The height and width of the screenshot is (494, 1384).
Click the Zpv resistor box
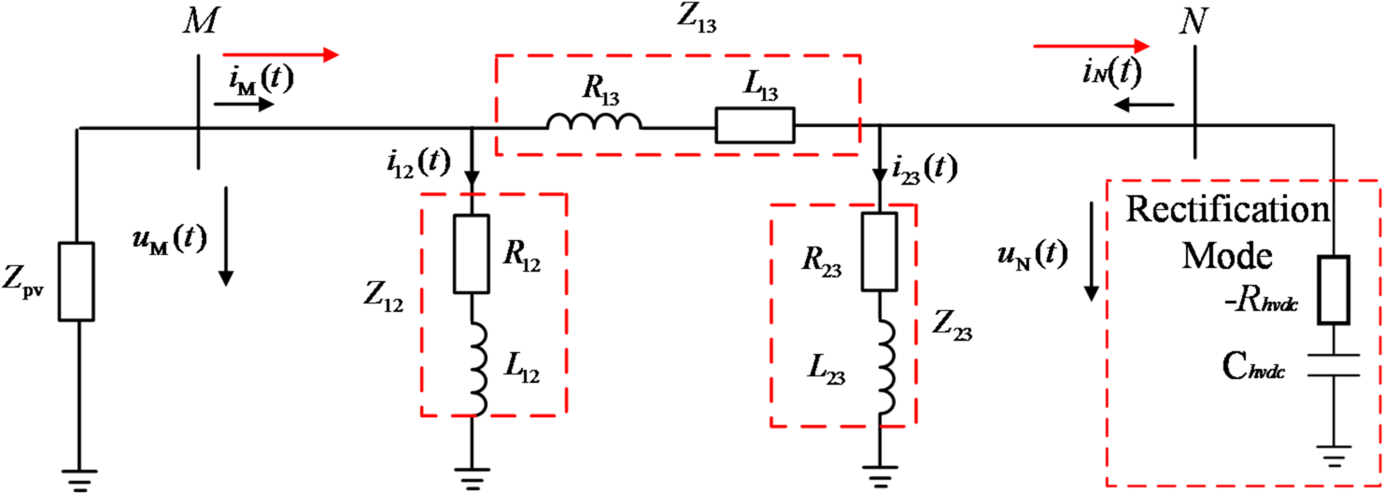(x=76, y=281)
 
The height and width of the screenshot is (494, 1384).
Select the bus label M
(x=201, y=20)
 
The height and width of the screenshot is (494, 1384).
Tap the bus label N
(x=1191, y=21)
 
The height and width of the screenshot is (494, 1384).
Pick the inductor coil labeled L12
(x=475, y=371)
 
